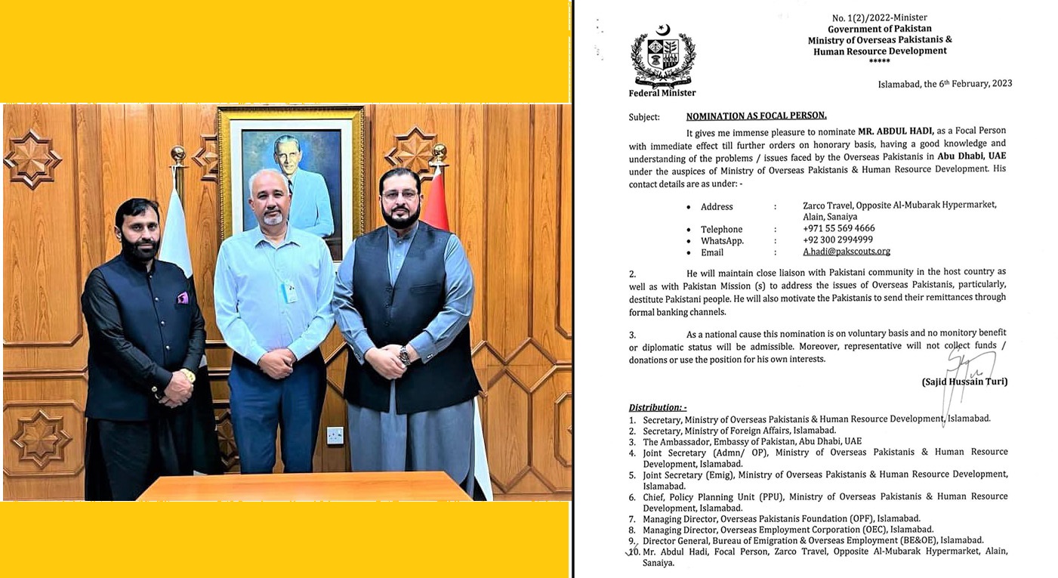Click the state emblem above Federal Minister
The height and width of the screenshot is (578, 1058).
tap(662, 56)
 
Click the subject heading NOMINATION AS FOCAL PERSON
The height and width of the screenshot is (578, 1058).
tap(756, 116)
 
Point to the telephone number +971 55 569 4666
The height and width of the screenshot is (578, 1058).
tap(839, 228)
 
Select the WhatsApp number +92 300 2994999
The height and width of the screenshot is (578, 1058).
tap(838, 240)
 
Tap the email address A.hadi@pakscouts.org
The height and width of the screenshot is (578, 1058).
tap(847, 252)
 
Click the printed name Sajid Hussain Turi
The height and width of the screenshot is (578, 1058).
tap(964, 382)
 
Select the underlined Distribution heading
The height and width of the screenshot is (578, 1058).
tap(658, 406)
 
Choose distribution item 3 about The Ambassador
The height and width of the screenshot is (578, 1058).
tap(752, 441)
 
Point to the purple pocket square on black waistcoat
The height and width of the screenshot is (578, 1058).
tap(182, 298)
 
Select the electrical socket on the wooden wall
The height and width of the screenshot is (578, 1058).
tap(334, 435)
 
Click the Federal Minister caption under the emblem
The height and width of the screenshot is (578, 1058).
tap(662, 93)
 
